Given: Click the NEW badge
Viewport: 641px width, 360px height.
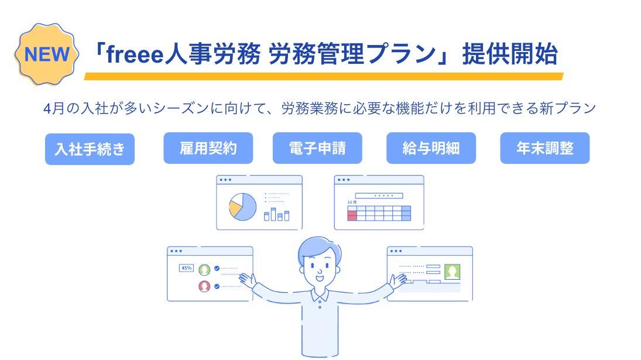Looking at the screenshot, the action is [x=47, y=54].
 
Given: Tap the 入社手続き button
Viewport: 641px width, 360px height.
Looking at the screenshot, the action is [x=90, y=149].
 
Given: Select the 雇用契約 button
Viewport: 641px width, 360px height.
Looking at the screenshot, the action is [x=208, y=148].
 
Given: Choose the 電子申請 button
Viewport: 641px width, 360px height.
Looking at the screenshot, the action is [x=317, y=148].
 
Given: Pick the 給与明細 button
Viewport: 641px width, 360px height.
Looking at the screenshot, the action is [x=431, y=148].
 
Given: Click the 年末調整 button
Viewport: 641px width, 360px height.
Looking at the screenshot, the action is [x=544, y=148].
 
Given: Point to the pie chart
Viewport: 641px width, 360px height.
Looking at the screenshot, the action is [x=243, y=207].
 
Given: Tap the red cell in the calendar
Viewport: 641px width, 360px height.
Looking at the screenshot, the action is [x=352, y=213].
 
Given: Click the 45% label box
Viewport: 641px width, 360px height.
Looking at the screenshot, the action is [x=186, y=268].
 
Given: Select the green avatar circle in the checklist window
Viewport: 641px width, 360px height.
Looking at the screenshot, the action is [x=204, y=270].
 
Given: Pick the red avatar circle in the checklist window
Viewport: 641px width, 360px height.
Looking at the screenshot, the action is [x=204, y=286].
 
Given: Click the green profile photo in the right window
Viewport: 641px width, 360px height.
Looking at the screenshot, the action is [x=452, y=272].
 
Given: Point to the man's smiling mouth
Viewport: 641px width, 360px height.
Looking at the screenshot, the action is [x=320, y=278].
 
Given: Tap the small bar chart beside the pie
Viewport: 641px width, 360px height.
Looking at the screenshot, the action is [x=277, y=214].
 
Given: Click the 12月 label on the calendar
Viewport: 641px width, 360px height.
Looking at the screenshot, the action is [x=352, y=203].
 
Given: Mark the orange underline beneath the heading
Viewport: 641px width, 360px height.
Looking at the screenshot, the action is [x=324, y=77].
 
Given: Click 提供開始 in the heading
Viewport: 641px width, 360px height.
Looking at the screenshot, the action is [x=510, y=54].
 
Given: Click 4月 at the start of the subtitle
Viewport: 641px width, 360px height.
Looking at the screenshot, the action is [x=53, y=109].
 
